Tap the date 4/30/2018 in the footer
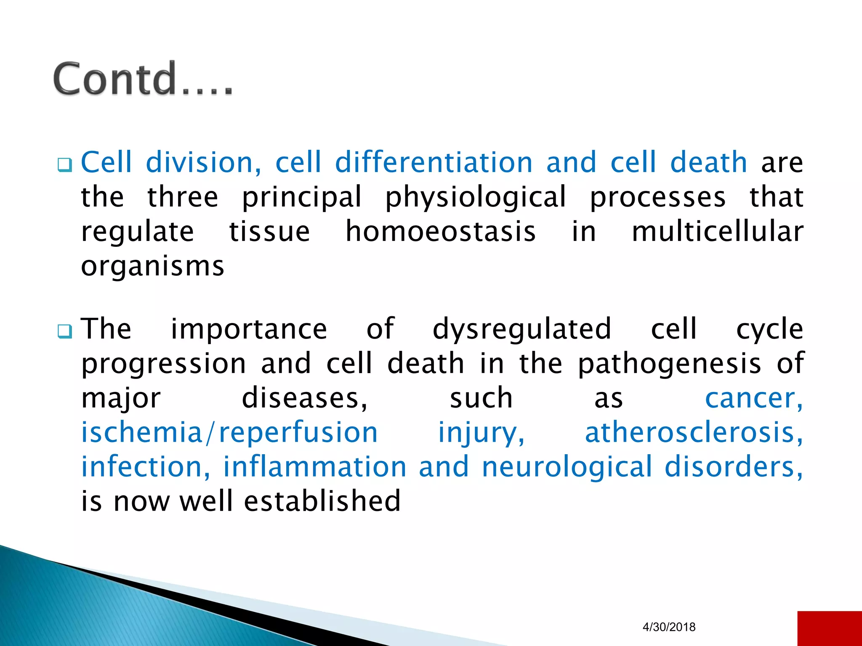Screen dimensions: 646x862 [669, 627]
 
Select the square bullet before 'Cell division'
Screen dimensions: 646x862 [65, 164]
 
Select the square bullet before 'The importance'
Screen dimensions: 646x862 [65, 331]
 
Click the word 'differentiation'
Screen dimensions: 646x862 [434, 162]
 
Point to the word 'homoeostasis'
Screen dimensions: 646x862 [440, 232]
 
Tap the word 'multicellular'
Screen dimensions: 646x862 [717, 232]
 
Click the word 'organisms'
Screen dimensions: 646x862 [153, 267]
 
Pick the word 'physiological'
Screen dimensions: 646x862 [476, 197]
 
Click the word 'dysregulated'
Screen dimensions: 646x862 [522, 329]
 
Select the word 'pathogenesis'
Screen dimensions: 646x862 [669, 364]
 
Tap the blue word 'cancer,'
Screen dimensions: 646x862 [753, 398]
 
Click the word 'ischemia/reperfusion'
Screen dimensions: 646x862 [229, 433]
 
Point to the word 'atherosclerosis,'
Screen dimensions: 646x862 [694, 433]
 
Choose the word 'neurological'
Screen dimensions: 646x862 [567, 467]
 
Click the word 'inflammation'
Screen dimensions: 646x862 [314, 467]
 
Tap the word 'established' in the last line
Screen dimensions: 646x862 [322, 501]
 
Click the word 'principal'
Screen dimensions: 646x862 [301, 197]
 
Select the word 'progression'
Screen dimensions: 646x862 [163, 364]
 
